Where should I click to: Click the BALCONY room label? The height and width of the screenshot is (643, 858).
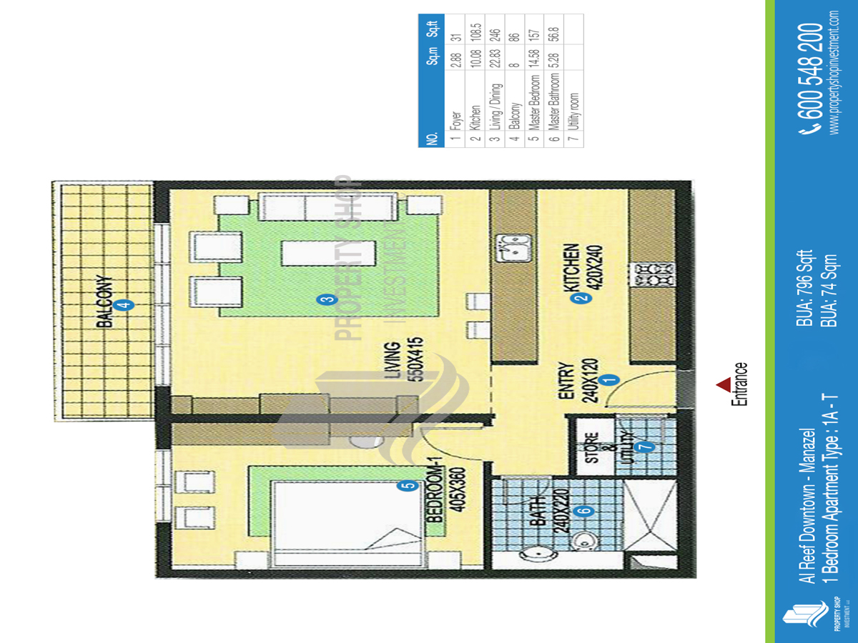pyautogui.click(x=105, y=301)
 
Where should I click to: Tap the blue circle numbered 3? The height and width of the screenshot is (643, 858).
pyautogui.click(x=327, y=299)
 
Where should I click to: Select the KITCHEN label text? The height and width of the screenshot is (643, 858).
pyautogui.click(x=571, y=269)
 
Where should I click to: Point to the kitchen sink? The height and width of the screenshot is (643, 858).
pyautogui.click(x=513, y=248)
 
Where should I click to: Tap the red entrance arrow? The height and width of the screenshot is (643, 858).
pyautogui.click(x=724, y=384)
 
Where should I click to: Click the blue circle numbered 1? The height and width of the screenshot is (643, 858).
pyautogui.click(x=609, y=379)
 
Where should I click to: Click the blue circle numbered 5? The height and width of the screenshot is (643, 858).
pyautogui.click(x=408, y=486)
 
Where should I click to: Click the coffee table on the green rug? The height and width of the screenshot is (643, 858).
pyautogui.click(x=328, y=254)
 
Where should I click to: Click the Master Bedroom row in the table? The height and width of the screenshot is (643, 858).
pyautogui.click(x=534, y=81)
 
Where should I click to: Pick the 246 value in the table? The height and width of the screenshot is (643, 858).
pyautogui.click(x=495, y=35)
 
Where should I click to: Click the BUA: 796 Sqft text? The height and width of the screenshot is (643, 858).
pyautogui.click(x=805, y=288)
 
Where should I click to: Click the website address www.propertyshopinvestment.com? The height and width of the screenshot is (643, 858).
pyautogui.click(x=834, y=73)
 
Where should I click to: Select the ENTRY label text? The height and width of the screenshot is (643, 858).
pyautogui.click(x=566, y=381)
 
